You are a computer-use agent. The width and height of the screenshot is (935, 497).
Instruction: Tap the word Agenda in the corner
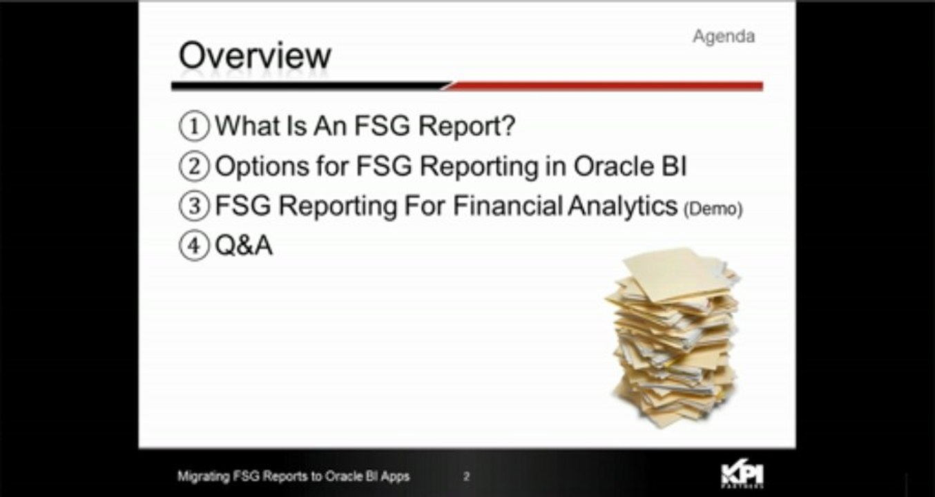tap(723, 36)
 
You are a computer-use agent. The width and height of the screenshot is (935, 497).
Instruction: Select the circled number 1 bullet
tap(194, 126)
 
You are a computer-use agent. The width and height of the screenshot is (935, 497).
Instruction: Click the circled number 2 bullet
tap(194, 166)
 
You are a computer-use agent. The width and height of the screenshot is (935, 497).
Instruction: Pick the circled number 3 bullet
tap(194, 206)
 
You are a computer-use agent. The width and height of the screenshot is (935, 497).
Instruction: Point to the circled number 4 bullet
tap(194, 246)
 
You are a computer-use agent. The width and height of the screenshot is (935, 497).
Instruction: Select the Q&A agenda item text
tap(244, 246)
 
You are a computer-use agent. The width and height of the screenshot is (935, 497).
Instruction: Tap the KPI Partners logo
tap(742, 475)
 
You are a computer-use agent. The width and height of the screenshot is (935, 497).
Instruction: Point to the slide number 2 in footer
tap(467, 476)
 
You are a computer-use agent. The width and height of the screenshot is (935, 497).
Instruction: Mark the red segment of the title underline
tap(608, 86)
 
